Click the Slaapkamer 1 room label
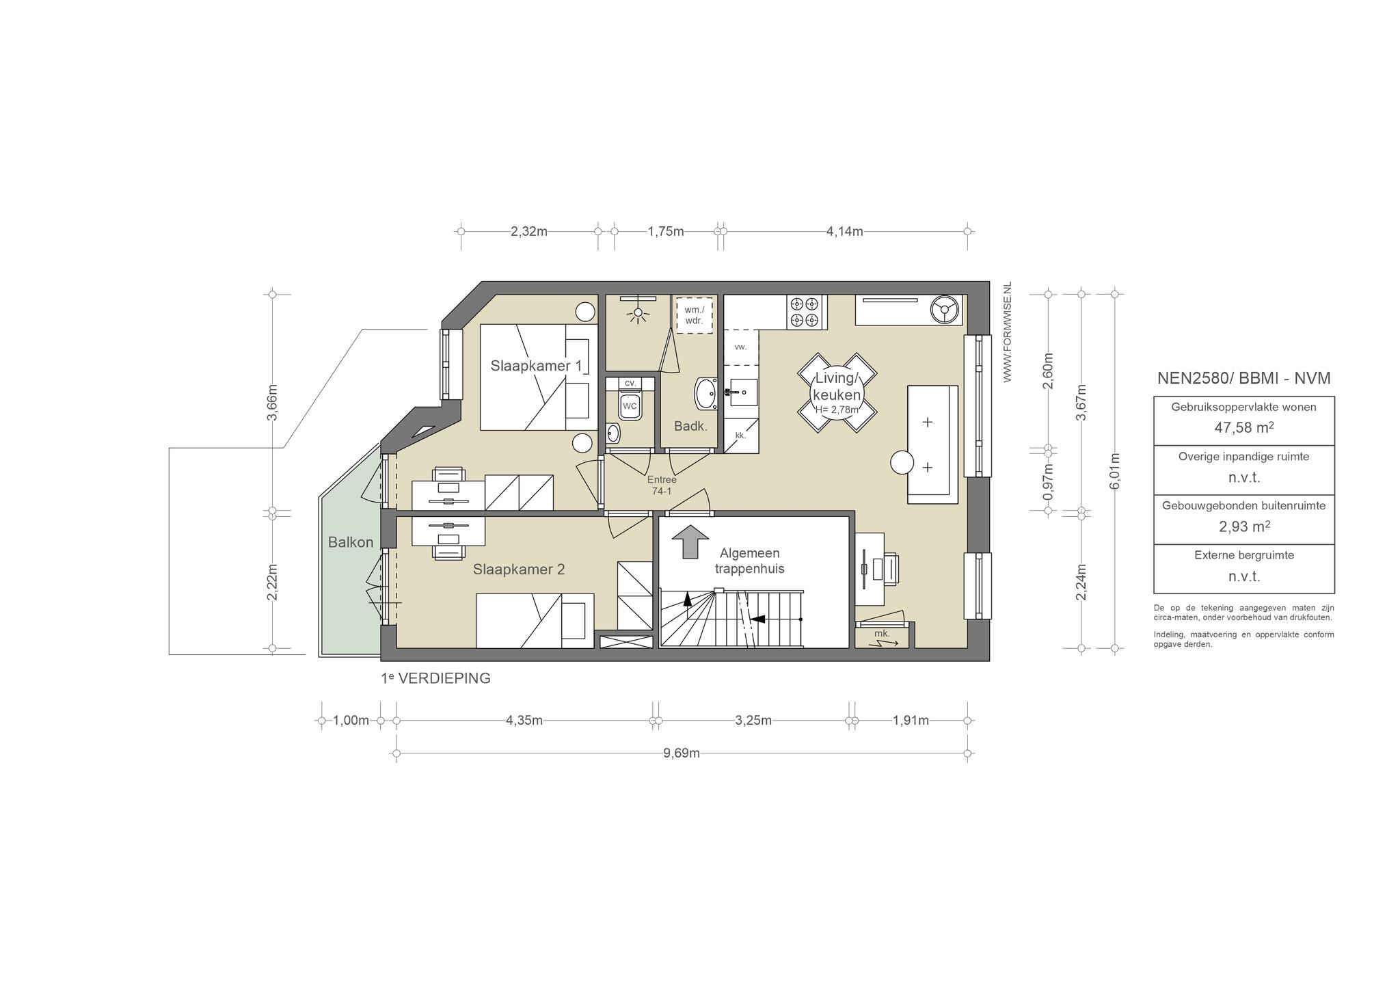pos(536,366)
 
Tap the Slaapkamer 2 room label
pos(519,570)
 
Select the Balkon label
pos(351,542)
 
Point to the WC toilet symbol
pos(630,406)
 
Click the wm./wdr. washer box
pos(694,315)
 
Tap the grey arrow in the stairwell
pos(690,542)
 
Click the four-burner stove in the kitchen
pos(805,312)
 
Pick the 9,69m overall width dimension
pos(682,753)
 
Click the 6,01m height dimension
pos(1114,471)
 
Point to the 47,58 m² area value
pos(1243,428)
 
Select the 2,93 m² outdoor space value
pos(1244,526)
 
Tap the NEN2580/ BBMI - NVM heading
pos(1243,378)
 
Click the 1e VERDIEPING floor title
pos(435,679)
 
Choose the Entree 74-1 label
pos(662,485)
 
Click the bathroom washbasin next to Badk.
pos(706,393)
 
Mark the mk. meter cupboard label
pos(882,633)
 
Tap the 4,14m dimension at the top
pos(845,231)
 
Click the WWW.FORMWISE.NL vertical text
pos(1007,332)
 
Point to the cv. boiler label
pos(630,383)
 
